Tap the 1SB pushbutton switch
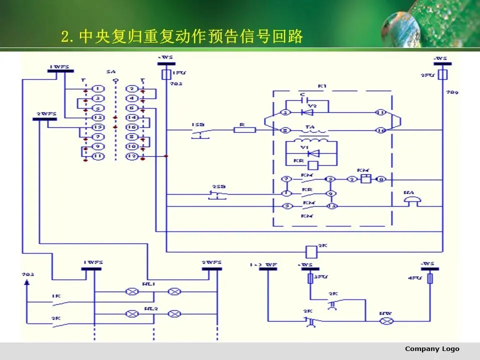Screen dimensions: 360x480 199,132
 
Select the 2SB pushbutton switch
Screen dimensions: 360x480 217,194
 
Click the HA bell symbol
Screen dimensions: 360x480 412,200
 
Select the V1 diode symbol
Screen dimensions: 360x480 313,153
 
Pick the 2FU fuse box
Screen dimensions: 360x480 442,74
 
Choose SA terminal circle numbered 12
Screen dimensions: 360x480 131,156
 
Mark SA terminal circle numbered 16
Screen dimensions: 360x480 131,127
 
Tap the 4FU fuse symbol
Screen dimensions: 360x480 430,278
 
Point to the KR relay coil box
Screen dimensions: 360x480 313,165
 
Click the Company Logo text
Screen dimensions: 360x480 432,349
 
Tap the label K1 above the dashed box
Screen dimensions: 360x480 322,86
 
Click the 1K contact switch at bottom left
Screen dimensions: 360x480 57,301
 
